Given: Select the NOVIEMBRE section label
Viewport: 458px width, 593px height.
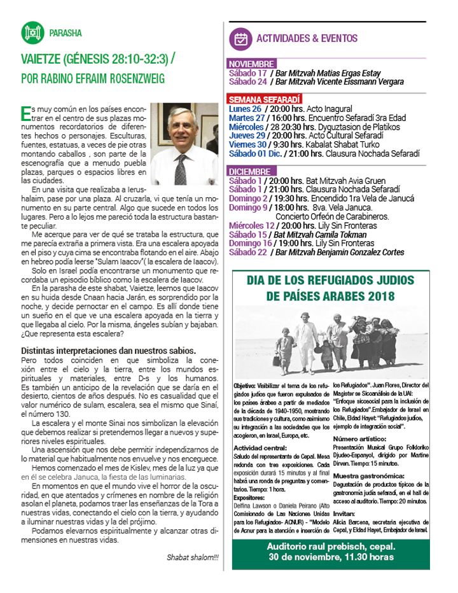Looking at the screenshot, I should pyautogui.click(x=252, y=64).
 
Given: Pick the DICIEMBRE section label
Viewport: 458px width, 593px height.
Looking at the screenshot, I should pyautogui.click(x=252, y=171).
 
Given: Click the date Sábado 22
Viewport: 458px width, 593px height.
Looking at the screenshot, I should pyautogui.click(x=247, y=252).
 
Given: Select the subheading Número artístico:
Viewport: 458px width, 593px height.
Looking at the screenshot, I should pyautogui.click(x=363, y=438).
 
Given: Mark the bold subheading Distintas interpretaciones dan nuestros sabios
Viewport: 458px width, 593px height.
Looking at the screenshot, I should pyautogui.click(x=108, y=351).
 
